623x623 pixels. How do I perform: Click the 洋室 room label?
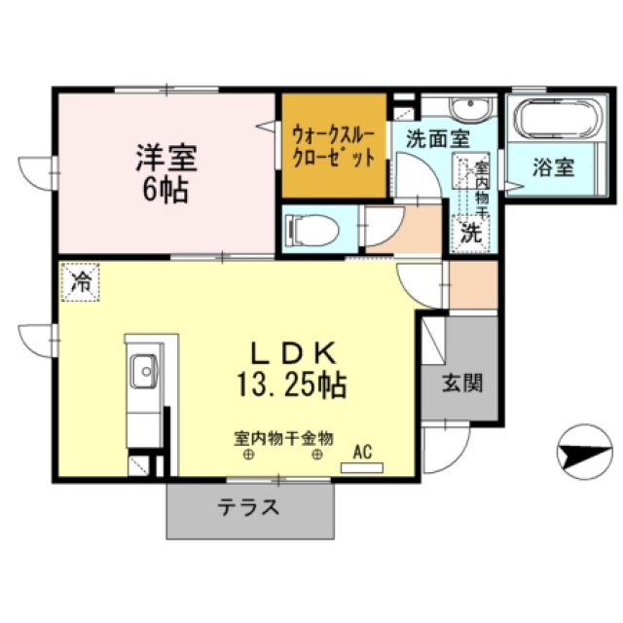(166, 158)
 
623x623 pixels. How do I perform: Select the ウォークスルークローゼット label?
(334, 147)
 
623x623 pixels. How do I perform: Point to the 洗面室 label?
(438, 139)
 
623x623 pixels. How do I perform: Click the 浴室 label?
(554, 167)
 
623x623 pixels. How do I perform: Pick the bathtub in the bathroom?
(558, 119)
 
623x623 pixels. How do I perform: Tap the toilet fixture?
(314, 231)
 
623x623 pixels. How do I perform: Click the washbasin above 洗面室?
(471, 108)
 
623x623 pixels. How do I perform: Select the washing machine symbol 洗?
(471, 234)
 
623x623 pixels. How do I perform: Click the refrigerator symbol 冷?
(81, 281)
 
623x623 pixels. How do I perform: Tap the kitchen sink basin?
(144, 372)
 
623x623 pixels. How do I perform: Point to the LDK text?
(292, 353)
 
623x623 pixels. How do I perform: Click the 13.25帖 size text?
(292, 385)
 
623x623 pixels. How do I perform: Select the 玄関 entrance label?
(462, 384)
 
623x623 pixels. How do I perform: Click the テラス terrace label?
(248, 507)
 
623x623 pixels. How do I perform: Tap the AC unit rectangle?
(362, 467)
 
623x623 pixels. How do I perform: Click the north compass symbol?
(585, 452)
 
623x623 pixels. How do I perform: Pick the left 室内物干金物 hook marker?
(249, 455)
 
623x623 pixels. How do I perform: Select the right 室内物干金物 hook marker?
(317, 455)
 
